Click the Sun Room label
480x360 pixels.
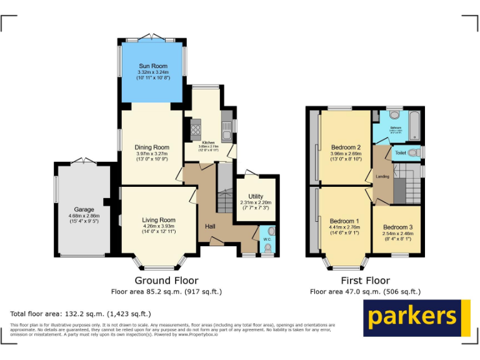[x=152, y=66]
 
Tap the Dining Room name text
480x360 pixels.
[x=152, y=147]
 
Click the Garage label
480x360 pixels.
[x=84, y=209]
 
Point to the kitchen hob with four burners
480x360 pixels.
[x=194, y=130]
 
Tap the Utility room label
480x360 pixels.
[x=256, y=197]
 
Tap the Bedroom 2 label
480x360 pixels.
[x=346, y=147]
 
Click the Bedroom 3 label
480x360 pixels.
[x=397, y=227]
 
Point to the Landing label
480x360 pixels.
[x=382, y=177]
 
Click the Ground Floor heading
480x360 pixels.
[x=166, y=281]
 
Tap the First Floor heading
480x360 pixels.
[x=365, y=281]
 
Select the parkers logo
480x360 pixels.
[x=416, y=317]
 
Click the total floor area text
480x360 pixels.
[x=81, y=314]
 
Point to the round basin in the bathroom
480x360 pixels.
[x=395, y=116]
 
